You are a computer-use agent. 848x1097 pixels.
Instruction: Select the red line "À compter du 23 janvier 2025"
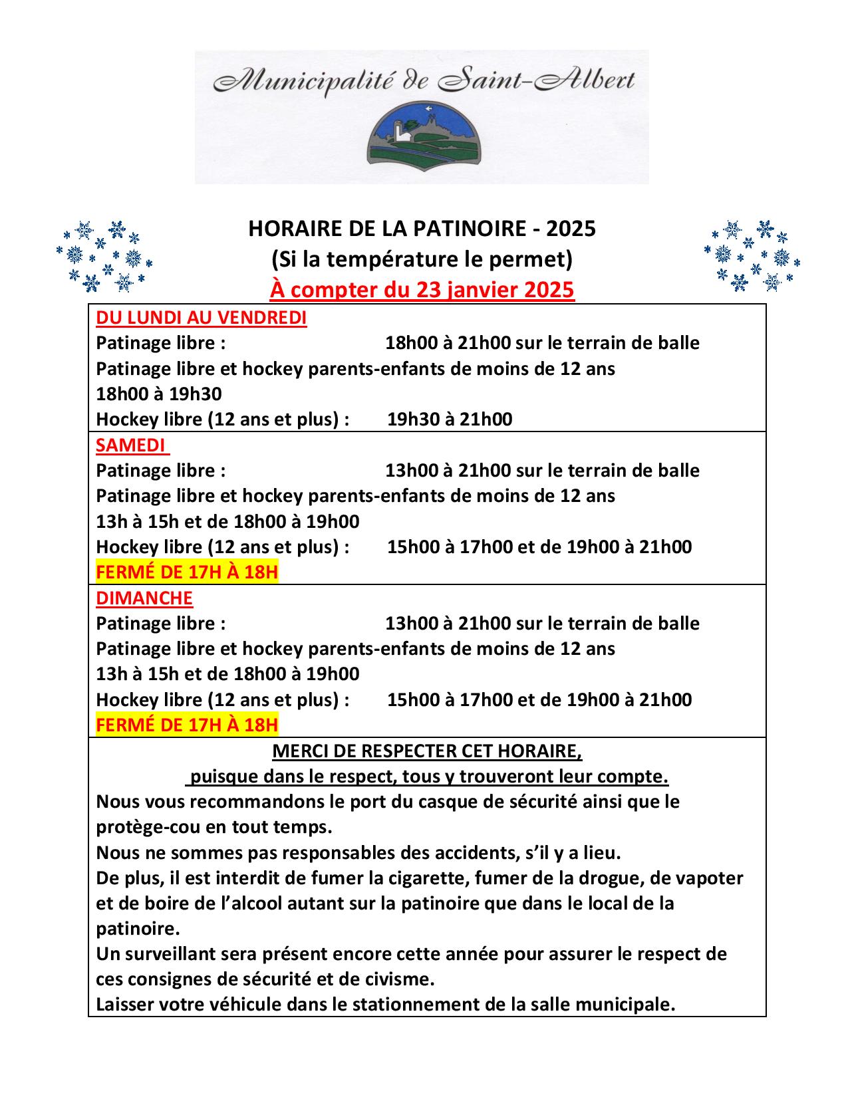pyautogui.click(x=422, y=291)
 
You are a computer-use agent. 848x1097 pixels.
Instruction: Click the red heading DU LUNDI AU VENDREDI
pyautogui.click(x=201, y=318)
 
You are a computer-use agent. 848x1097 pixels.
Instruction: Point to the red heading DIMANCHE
pyautogui.click(x=144, y=598)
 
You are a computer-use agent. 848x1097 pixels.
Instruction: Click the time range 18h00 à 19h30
pyautogui.click(x=159, y=394)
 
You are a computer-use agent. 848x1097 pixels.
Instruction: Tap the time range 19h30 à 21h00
pyautogui.click(x=450, y=420)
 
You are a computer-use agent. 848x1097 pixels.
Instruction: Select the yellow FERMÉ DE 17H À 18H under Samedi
pyautogui.click(x=187, y=572)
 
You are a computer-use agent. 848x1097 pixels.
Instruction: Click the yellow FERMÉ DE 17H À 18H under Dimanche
pyautogui.click(x=187, y=725)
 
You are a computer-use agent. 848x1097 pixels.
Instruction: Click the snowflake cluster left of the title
pyautogui.click(x=104, y=257)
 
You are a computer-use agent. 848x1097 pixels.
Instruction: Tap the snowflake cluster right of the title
pyautogui.click(x=752, y=257)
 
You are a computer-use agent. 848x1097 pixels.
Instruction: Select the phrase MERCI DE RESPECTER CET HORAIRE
pyautogui.click(x=426, y=751)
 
